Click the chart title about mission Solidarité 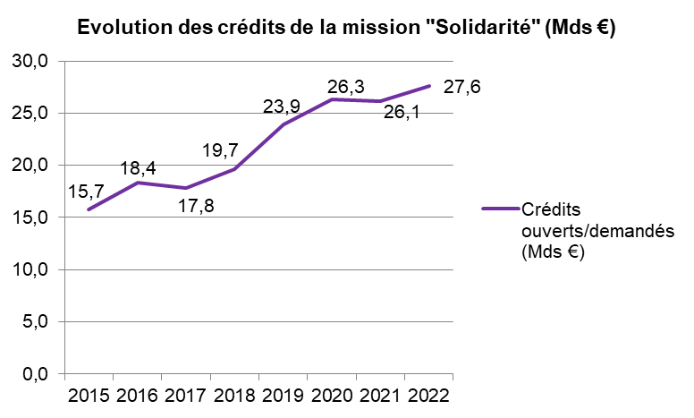pyautogui.click(x=347, y=27)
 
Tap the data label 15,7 pyautogui.click(x=87, y=191)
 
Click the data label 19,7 pyautogui.click(x=221, y=149)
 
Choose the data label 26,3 pyautogui.click(x=345, y=87)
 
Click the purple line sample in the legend pyautogui.click(x=500, y=209)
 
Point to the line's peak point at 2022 pyautogui.click(x=429, y=86)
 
